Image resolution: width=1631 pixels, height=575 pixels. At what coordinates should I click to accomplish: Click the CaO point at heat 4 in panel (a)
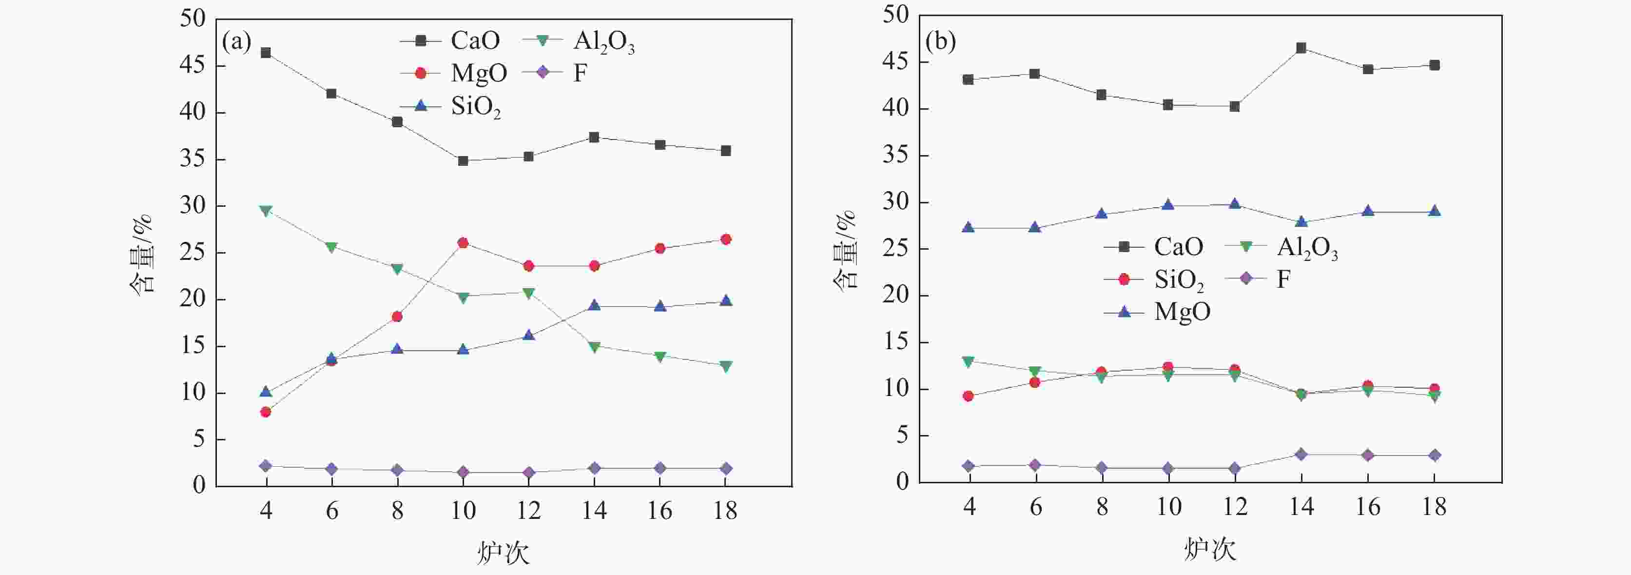(266, 53)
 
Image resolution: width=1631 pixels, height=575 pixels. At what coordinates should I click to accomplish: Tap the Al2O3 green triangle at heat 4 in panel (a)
(266, 210)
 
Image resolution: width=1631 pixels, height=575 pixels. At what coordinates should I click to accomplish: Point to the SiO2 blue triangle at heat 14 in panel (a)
(594, 306)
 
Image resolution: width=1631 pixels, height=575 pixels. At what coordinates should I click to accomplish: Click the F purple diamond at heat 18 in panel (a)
(726, 469)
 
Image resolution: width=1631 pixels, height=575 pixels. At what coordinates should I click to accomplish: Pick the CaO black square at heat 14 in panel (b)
(1301, 48)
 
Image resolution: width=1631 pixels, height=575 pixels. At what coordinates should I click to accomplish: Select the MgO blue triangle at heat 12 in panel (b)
(1235, 204)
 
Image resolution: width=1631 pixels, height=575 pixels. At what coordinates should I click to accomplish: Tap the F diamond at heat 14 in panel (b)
(1301, 454)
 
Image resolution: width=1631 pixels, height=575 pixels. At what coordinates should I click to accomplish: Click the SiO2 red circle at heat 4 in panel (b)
(968, 397)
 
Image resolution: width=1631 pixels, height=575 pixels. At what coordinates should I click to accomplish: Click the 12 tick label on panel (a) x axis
(529, 511)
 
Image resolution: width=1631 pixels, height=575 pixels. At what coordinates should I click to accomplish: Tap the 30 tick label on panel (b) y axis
(895, 203)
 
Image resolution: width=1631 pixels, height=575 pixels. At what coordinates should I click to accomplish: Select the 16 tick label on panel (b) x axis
(1368, 507)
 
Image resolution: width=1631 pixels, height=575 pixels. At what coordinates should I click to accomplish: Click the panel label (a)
(236, 42)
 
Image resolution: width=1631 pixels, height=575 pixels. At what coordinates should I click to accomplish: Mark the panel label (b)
(940, 42)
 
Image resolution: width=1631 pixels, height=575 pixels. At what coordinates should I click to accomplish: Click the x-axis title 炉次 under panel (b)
(1210, 550)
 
